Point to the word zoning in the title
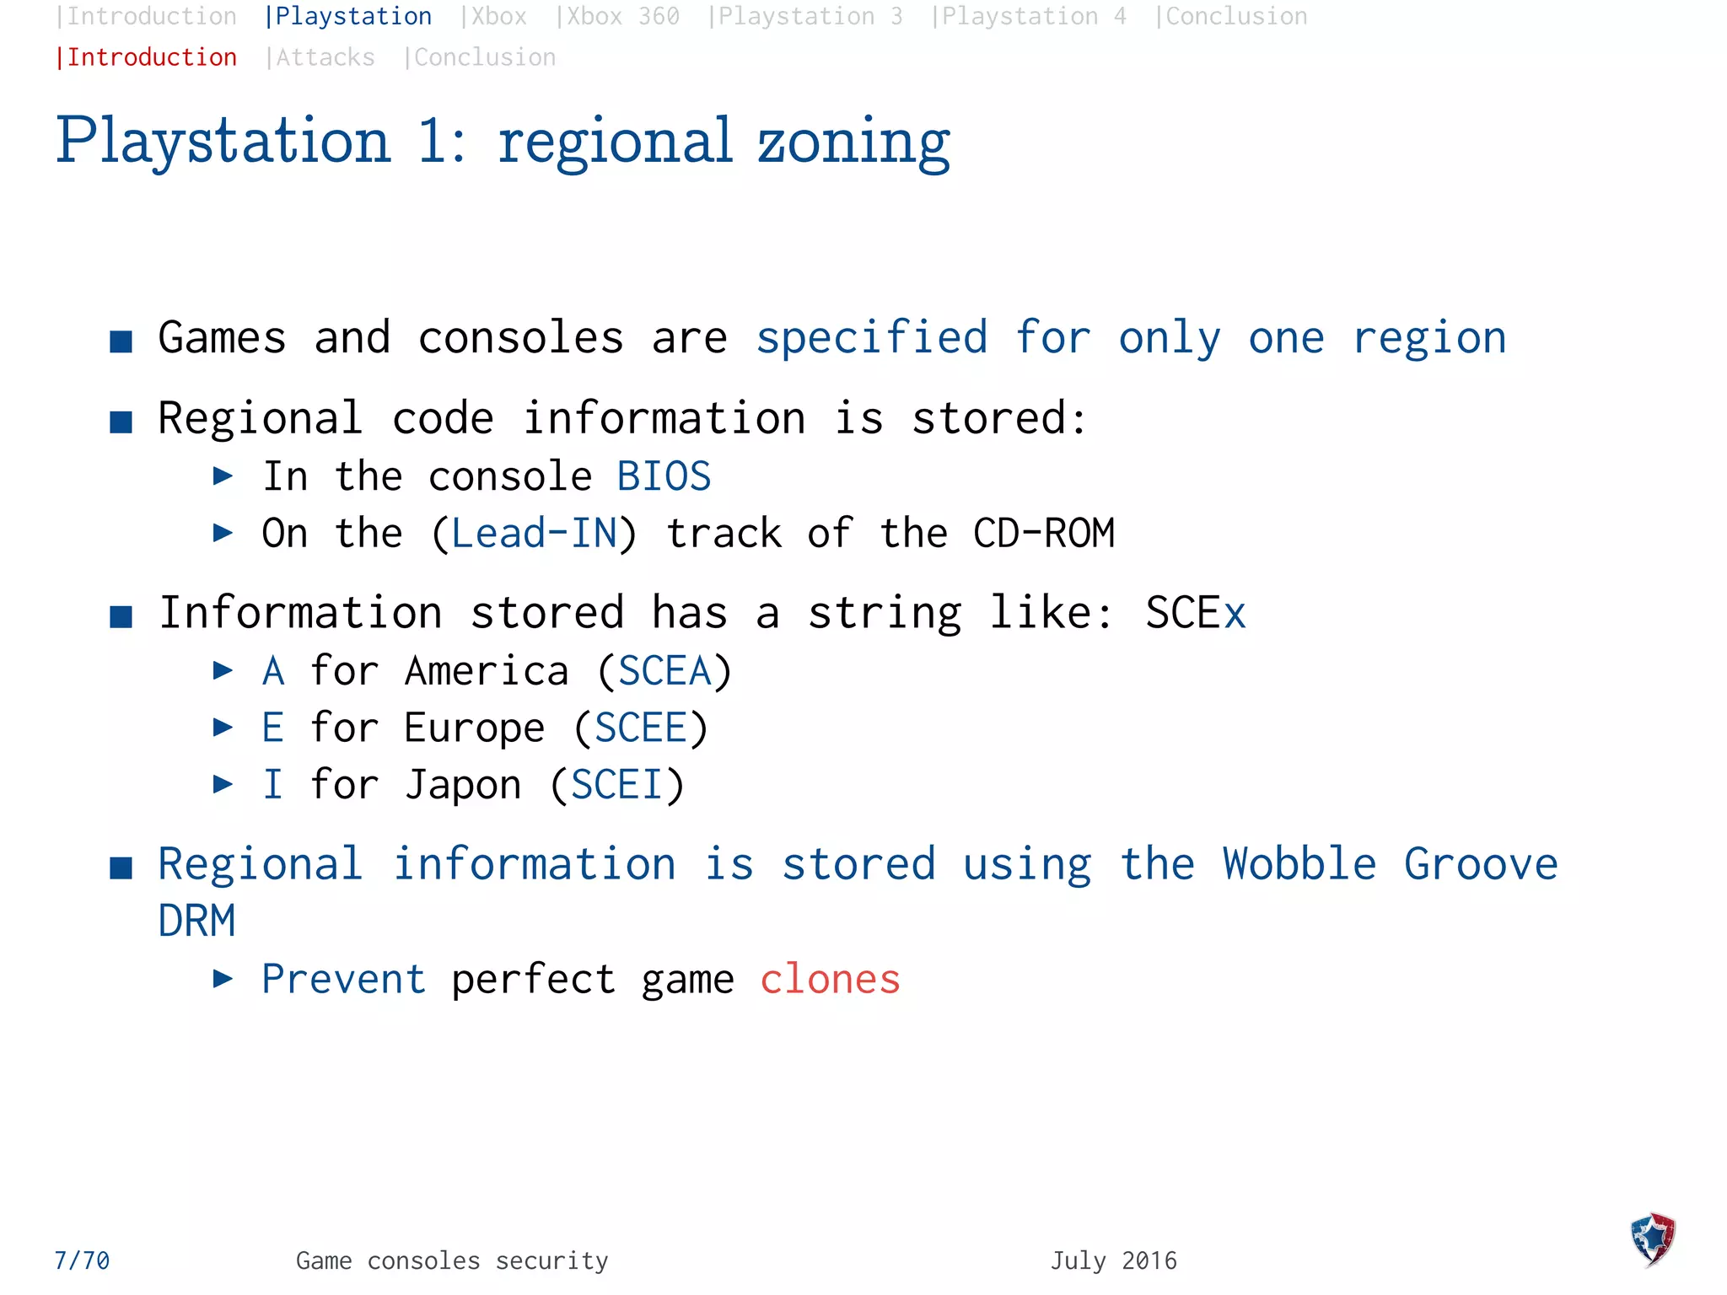click(x=853, y=142)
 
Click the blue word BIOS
click(x=664, y=476)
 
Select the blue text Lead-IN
click(x=534, y=534)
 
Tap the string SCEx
click(x=1195, y=613)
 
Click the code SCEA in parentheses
click(x=664, y=672)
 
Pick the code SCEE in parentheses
click(x=641, y=728)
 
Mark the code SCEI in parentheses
click(x=616, y=785)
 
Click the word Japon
click(x=463, y=785)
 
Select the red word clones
click(x=830, y=980)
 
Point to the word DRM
click(x=196, y=921)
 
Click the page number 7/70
click(x=82, y=1260)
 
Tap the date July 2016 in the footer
click(x=1113, y=1260)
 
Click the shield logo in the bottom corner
click(x=1653, y=1239)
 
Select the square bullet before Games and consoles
click(x=121, y=341)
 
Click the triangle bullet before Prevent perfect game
click(x=223, y=979)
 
